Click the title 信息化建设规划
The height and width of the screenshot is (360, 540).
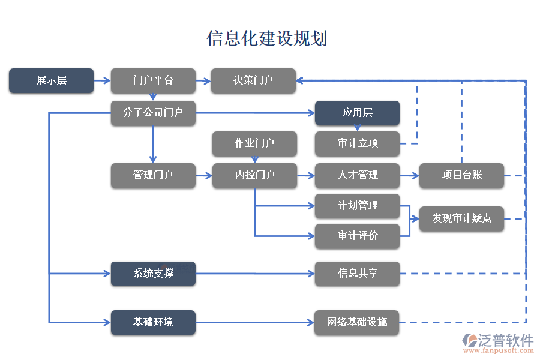[x=267, y=38]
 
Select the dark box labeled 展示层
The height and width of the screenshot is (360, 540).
[x=51, y=80]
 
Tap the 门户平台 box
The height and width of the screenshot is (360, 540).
[x=153, y=80]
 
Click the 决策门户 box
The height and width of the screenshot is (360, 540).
[x=253, y=80]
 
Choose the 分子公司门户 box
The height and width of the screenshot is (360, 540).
[x=153, y=113]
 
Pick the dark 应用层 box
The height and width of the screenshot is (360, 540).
[x=357, y=113]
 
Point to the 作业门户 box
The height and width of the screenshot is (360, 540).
[x=254, y=143]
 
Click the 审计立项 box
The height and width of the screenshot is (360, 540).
[x=357, y=143]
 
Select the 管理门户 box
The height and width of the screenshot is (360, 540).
[x=153, y=175]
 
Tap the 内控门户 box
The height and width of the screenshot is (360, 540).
[x=254, y=175]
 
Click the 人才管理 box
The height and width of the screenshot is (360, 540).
[x=357, y=175]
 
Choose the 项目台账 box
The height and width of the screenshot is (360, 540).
[x=461, y=175]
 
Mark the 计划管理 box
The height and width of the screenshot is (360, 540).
[x=357, y=206]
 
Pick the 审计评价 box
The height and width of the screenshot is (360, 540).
[x=357, y=236]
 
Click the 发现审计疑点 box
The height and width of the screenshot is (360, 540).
[x=461, y=218]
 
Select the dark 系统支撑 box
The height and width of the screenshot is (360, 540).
[x=153, y=274]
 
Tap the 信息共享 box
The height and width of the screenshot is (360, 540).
[x=357, y=274]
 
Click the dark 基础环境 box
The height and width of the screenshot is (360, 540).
[x=153, y=322]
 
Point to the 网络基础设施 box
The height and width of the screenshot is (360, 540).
[x=357, y=322]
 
